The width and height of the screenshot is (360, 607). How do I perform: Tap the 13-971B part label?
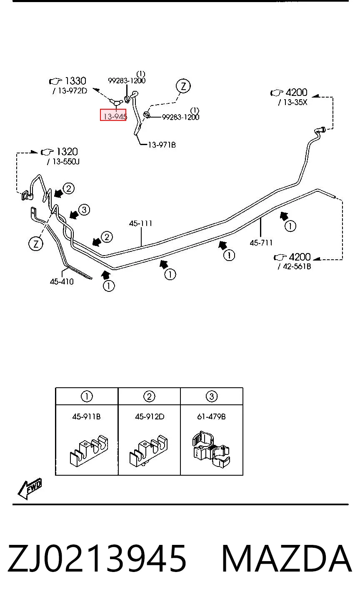(x=162, y=145)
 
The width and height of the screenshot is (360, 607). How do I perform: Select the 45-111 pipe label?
(x=140, y=223)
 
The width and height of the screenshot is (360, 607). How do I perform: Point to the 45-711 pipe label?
(x=261, y=243)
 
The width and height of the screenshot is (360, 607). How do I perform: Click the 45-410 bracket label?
(x=62, y=281)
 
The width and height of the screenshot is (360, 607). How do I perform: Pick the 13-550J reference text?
(x=63, y=161)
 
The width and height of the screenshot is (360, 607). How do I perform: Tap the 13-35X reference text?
(x=292, y=102)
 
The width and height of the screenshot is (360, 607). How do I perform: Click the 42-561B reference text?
(x=294, y=266)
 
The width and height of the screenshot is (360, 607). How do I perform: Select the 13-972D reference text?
(x=70, y=91)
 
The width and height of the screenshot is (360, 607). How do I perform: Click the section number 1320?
(x=67, y=151)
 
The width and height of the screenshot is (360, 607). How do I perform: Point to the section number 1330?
(x=75, y=81)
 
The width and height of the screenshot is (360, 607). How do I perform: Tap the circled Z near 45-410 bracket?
(x=36, y=243)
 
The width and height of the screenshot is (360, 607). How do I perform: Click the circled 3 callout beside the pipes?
(x=84, y=210)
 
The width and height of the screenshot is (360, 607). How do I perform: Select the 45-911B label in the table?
(x=86, y=416)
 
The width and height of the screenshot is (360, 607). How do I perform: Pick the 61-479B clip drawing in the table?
(x=211, y=449)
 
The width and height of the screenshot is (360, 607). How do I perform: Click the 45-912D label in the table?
(x=150, y=416)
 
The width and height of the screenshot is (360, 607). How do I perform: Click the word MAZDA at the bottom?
(x=287, y=559)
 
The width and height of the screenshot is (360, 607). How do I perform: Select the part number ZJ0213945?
(x=97, y=559)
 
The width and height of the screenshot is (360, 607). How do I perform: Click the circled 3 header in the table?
(x=212, y=396)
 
